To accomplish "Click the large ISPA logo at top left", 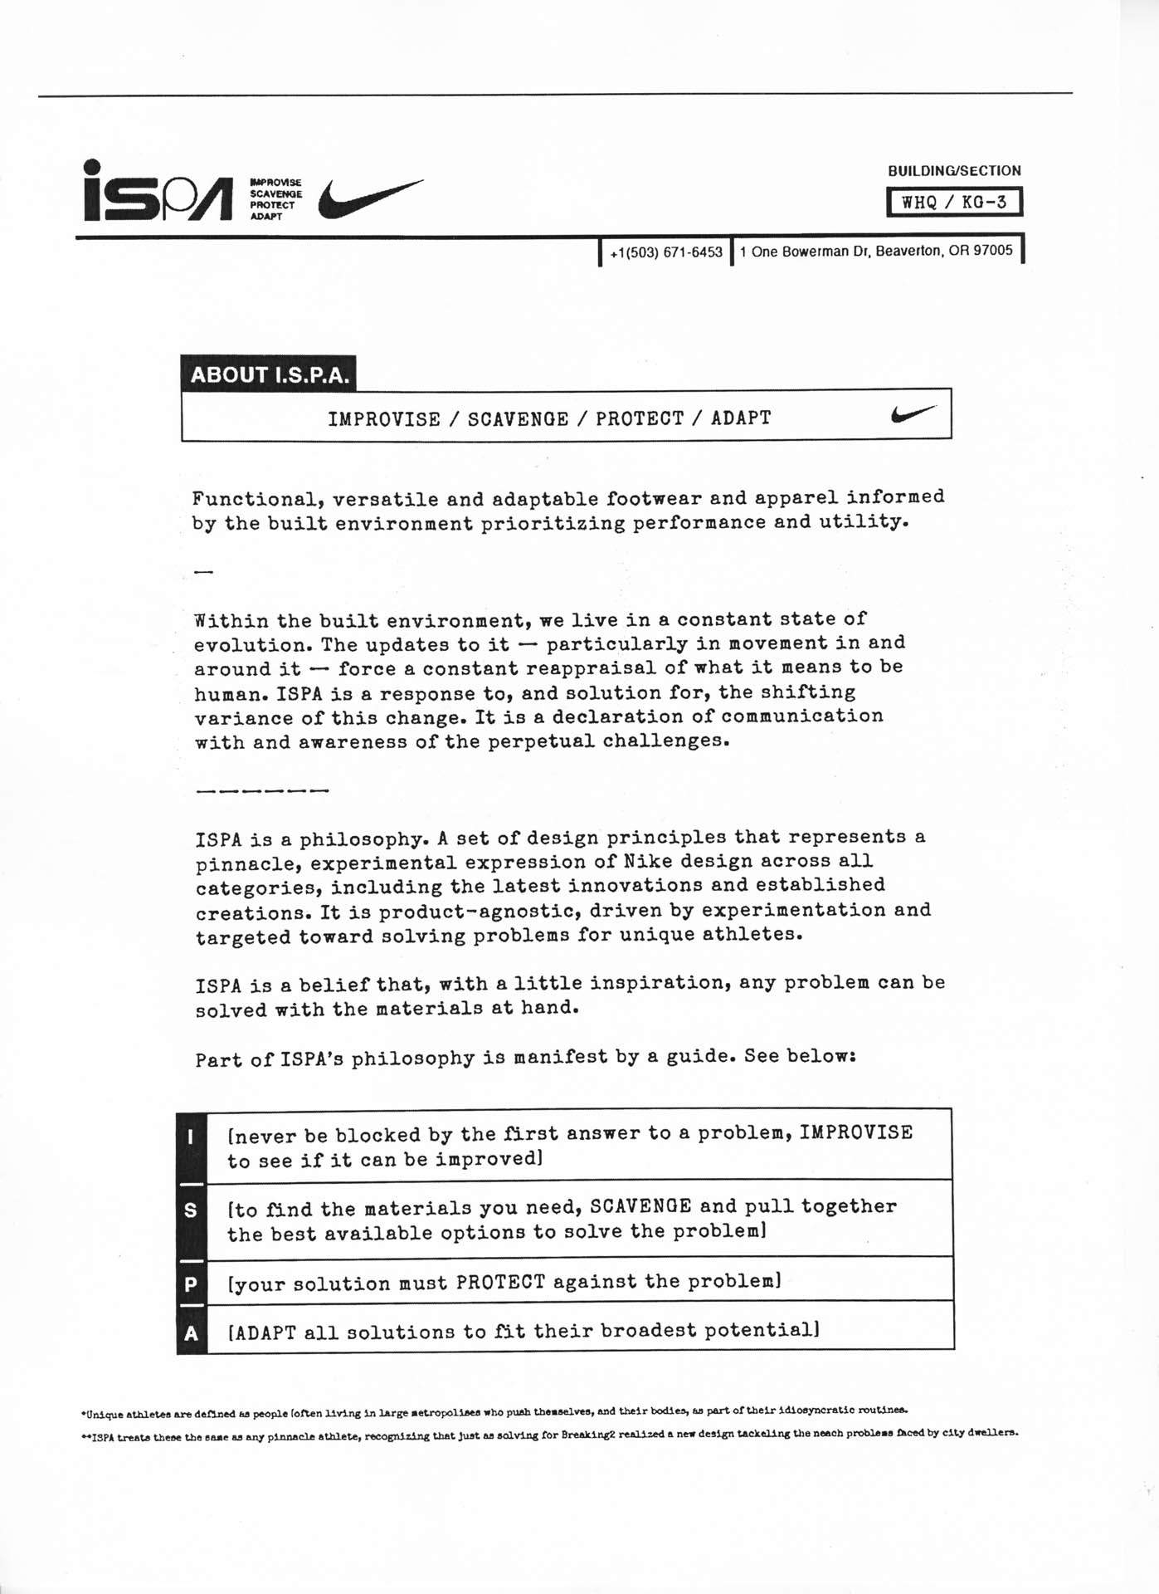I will (157, 193).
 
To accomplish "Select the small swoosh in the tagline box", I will (913, 413).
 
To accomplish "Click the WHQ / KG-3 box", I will (954, 202).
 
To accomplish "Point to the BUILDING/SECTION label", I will (954, 171).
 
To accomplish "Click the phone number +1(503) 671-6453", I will (666, 252).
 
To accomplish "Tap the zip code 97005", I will (993, 251).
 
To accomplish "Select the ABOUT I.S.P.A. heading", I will (270, 375).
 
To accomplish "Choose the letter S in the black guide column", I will (191, 1210).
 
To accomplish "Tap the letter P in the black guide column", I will (191, 1284).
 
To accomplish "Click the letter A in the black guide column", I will (191, 1333).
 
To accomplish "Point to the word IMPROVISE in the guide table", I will (855, 1133).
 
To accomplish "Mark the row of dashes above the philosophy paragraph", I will (262, 790).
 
